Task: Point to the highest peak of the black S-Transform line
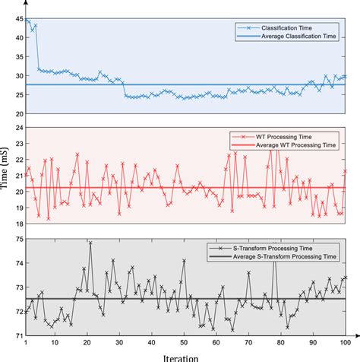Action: point(90,243)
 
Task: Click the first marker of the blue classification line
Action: point(27,21)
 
